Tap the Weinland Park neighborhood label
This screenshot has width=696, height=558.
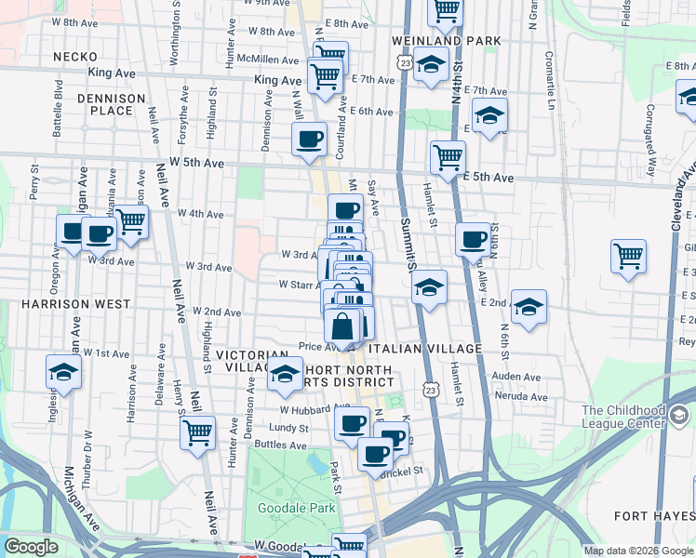[447, 41]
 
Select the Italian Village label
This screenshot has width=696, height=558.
[425, 349]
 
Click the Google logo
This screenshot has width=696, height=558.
[32, 547]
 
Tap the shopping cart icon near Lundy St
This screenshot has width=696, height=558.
[198, 432]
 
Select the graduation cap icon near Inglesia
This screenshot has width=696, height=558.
[63, 372]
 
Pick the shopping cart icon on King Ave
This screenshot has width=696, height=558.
[325, 75]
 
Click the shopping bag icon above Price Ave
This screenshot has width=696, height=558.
[342, 326]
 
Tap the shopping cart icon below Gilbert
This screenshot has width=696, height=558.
[629, 256]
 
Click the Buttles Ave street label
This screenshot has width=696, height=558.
[282, 445]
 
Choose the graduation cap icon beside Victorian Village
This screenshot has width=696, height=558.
[285, 377]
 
